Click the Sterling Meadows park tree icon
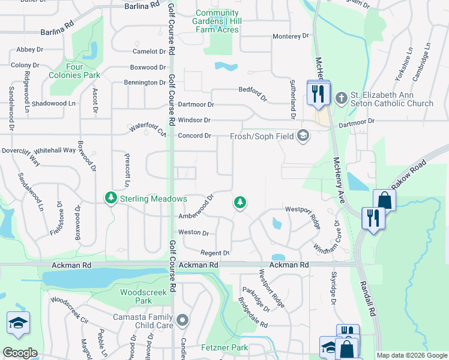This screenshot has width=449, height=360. click(110, 198)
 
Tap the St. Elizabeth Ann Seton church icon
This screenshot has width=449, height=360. click(340, 98)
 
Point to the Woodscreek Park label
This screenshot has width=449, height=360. click(136, 296)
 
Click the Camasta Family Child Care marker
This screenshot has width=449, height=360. click(183, 320)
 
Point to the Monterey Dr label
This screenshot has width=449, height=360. click(290, 37)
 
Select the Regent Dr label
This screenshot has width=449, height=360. click(214, 253)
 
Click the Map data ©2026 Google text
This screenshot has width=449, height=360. click(411, 355)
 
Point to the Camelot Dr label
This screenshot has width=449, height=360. click(149, 52)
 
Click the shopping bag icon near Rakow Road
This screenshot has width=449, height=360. click(384, 200)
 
